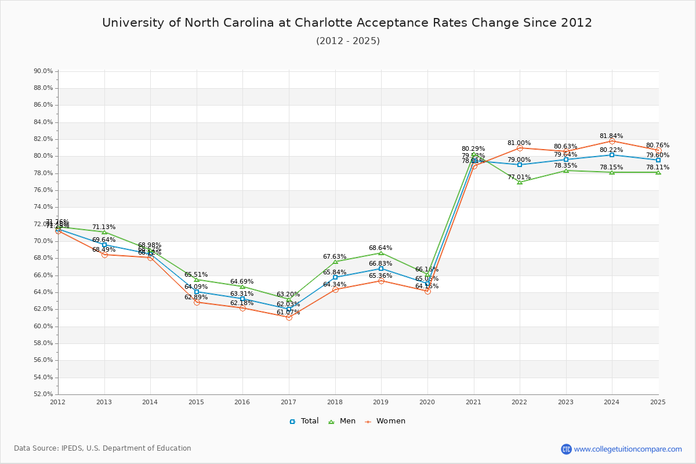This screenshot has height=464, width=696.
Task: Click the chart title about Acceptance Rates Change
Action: point(347,23)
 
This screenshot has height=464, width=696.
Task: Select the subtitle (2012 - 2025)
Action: point(347,41)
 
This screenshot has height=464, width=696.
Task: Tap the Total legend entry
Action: point(304,421)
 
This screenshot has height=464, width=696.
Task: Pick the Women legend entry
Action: point(386,421)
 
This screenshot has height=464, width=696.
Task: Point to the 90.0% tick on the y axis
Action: point(43,71)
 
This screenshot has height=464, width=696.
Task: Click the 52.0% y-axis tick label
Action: point(43,394)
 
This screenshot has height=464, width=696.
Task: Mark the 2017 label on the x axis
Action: point(288,401)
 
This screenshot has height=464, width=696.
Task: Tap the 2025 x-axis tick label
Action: point(658,401)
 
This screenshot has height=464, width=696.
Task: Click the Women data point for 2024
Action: point(612,141)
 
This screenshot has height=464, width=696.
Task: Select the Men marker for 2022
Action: point(520,182)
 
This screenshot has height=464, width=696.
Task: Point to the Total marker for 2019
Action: point(381,269)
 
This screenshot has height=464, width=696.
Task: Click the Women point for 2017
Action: point(289,317)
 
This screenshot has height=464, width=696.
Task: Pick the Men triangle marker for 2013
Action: point(104,232)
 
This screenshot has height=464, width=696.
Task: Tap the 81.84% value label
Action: point(611,136)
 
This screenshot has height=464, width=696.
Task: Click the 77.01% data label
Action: point(519,177)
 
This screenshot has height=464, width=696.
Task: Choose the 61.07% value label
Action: point(288,313)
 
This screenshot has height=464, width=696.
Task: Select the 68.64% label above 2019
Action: point(380,248)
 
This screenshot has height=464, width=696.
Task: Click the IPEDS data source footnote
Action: point(102,448)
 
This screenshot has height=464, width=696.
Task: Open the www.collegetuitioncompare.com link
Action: point(628,449)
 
